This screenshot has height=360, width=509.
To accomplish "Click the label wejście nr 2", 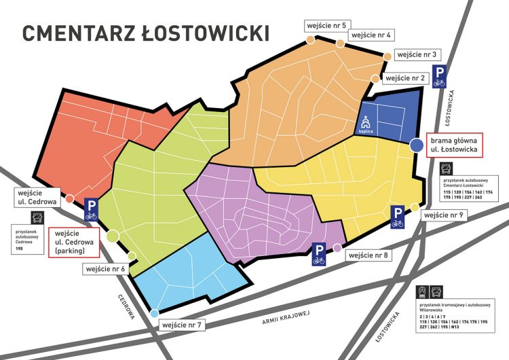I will (406, 78).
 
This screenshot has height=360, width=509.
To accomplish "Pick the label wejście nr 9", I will (442, 215).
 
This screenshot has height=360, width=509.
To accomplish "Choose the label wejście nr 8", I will (367, 255).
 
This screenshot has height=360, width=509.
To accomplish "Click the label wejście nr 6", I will (105, 269).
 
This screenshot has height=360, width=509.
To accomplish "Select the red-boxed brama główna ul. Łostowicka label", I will (454, 145).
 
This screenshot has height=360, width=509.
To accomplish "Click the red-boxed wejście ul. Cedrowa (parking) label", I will (74, 242).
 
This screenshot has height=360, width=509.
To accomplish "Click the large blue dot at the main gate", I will (416, 145).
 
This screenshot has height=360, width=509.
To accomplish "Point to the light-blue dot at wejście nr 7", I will (155, 313).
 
